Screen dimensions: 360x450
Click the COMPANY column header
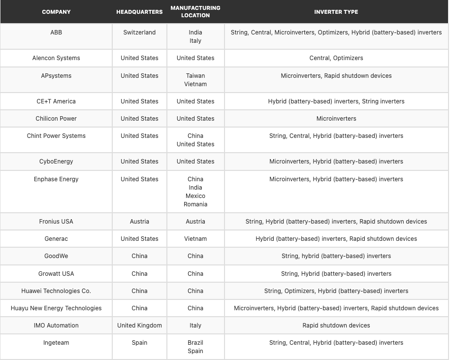pyautogui.click(x=56, y=12)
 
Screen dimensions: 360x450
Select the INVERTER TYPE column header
pyautogui.click(x=336, y=12)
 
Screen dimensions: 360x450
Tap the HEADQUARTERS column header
pyautogui.click(x=139, y=12)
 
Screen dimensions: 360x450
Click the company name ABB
pyautogui.click(x=56, y=33)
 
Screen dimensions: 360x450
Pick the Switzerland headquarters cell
pyautogui.click(x=139, y=33)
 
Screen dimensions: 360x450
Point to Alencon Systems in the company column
pyautogui.click(x=56, y=58)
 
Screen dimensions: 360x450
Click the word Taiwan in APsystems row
pyautogui.click(x=195, y=76)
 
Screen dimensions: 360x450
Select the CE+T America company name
pyautogui.click(x=56, y=101)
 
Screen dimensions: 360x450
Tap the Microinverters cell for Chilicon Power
pyautogui.click(x=336, y=119)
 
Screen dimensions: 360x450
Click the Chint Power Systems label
pyautogui.click(x=56, y=136)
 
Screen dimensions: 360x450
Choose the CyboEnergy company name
pyautogui.click(x=56, y=162)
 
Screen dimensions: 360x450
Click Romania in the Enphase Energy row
pyautogui.click(x=195, y=204)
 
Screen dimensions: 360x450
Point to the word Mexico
pyautogui.click(x=195, y=196)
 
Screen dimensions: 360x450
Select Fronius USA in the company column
pyautogui.click(x=56, y=222)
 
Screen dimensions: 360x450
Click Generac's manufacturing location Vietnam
pyautogui.click(x=195, y=239)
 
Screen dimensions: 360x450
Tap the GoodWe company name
pyautogui.click(x=56, y=256)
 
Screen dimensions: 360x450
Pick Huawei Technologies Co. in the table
pyautogui.click(x=56, y=291)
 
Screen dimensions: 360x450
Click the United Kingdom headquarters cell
pyautogui.click(x=139, y=326)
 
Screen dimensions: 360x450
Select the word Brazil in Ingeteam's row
pyautogui.click(x=195, y=343)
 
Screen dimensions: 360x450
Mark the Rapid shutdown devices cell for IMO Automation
pyautogui.click(x=336, y=326)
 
